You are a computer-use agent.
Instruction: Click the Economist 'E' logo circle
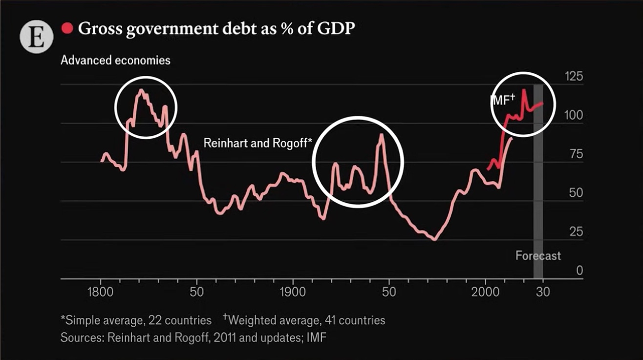36,37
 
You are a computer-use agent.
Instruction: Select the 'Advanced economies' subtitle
115,61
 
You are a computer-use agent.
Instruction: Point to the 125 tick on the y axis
573,77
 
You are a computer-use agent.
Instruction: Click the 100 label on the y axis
573,116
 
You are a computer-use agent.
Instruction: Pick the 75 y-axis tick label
576,154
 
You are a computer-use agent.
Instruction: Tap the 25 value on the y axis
576,232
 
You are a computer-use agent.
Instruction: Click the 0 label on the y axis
579,270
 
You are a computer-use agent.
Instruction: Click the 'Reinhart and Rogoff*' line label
257,143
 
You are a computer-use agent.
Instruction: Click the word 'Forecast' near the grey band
538,255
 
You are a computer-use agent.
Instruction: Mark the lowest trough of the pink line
433,239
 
